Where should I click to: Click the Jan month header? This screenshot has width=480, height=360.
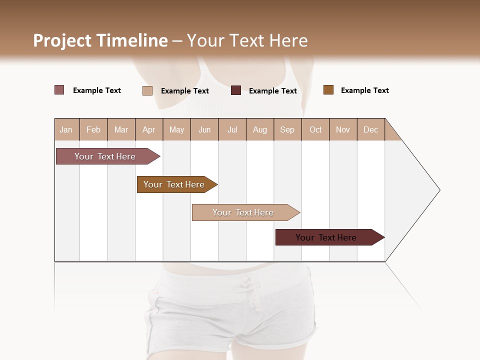pos(66,129)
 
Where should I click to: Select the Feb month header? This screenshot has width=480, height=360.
pos(93,129)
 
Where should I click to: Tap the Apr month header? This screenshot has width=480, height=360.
pos(148,129)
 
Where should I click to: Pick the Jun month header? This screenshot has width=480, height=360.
pos(204,129)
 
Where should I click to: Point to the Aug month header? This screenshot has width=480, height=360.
pos(259,129)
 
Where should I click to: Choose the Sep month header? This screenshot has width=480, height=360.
pos(287,129)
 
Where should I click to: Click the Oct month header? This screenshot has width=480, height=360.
pos(315,129)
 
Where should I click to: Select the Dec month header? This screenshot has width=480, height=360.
pos(370,129)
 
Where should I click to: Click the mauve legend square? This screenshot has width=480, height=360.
pos(59,90)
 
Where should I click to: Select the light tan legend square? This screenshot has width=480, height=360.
pos(147,90)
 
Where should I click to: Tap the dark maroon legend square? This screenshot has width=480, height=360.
pos(236,90)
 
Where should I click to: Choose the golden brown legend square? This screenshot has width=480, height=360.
pos(328,90)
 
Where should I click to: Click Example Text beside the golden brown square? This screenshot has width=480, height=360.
pos(364,90)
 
